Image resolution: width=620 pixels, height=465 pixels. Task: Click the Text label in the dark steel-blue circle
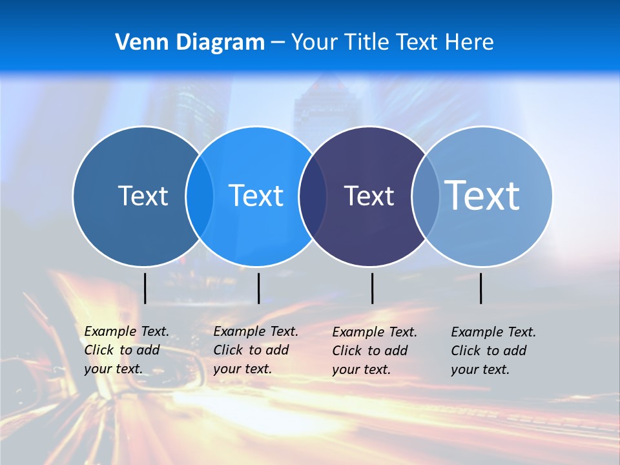click(143, 196)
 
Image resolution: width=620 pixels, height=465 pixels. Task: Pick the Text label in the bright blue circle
click(256, 196)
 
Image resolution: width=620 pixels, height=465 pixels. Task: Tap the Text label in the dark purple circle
click(369, 196)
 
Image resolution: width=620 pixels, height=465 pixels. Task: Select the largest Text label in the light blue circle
click(482, 195)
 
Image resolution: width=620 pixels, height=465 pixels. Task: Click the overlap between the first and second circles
click(200, 196)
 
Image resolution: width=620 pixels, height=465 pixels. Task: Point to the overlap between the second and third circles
click(313, 196)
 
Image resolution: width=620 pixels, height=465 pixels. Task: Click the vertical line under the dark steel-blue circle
click(145, 288)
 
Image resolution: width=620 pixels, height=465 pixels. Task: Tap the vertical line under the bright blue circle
click(258, 288)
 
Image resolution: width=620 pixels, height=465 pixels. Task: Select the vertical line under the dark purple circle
click(372, 288)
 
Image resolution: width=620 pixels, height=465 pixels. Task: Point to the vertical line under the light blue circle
click(480, 288)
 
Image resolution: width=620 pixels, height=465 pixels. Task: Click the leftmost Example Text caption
click(127, 350)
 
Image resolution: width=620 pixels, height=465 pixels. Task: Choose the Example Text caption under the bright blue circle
click(256, 350)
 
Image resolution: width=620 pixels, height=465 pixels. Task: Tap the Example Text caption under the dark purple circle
click(375, 351)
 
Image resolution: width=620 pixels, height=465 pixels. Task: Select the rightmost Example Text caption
click(493, 351)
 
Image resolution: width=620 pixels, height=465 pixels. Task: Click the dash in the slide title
click(278, 43)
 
